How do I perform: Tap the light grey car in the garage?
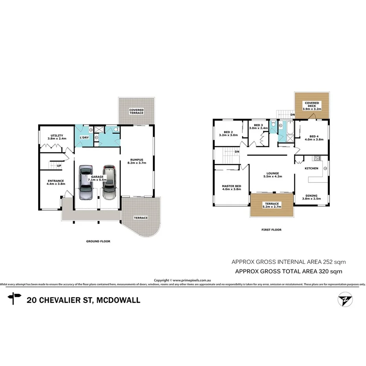pos(86,183)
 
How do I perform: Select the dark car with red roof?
pos(109,182)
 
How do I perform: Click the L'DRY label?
pos(84,137)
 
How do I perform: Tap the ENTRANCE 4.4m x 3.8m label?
pos(55,182)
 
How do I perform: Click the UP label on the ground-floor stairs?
pos(59,165)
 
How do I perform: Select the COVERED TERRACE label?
pos(136,112)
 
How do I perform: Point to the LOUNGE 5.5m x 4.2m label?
pos(273,175)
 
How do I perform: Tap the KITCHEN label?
pos(312,168)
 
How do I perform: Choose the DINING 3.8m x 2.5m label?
pos(311,197)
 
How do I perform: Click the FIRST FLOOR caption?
pos(272,230)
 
